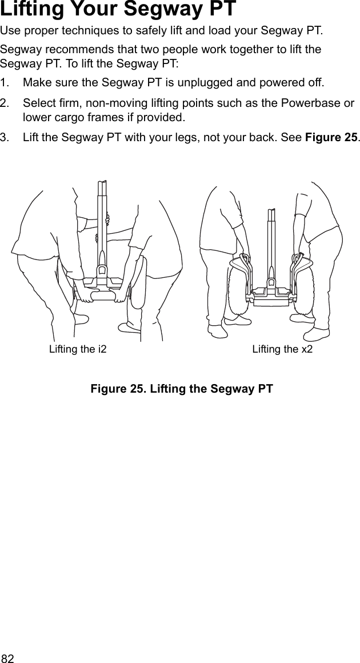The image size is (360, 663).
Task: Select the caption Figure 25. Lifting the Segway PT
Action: pos(182,389)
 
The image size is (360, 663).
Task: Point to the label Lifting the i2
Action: pos(78,349)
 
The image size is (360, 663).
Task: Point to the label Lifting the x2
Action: pos(282,349)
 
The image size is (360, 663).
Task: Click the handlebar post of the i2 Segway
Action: pos(102,223)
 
